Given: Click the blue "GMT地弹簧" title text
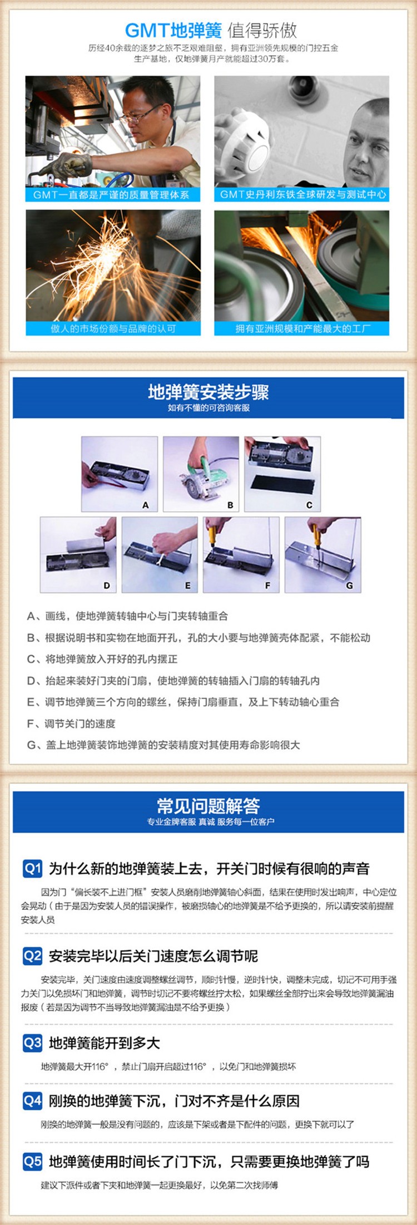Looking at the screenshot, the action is click(x=173, y=30).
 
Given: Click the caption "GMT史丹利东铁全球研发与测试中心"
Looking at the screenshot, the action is click(x=302, y=194).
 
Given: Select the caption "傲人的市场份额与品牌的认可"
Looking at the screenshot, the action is click(x=113, y=328).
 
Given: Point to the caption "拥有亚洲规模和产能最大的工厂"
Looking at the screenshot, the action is click(x=302, y=328).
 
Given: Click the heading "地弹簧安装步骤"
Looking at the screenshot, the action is click(x=209, y=392).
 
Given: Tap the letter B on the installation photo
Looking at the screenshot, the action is click(x=230, y=505).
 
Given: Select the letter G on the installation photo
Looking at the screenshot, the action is click(x=349, y=585).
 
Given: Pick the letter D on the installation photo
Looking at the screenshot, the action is click(x=107, y=585).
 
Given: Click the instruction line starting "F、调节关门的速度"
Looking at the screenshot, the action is click(x=71, y=724).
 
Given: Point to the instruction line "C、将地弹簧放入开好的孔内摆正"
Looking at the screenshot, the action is click(x=102, y=659).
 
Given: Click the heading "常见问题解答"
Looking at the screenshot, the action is click(x=209, y=806).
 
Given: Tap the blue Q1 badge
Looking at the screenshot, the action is click(x=32, y=868).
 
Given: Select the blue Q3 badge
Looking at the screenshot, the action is click(x=32, y=1042).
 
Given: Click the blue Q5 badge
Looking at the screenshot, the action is click(x=32, y=1161).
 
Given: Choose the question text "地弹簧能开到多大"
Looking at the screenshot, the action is click(x=104, y=1043).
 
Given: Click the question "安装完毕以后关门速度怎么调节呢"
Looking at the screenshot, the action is click(x=153, y=956).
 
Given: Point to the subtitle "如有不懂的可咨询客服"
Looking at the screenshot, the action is click(x=209, y=408).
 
